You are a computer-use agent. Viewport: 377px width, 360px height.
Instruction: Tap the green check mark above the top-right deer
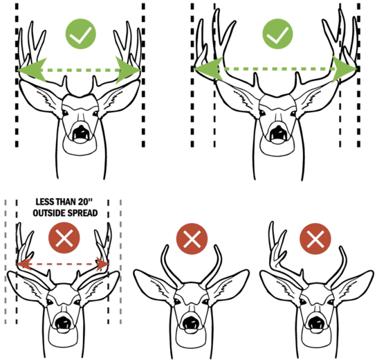click(x=277, y=35)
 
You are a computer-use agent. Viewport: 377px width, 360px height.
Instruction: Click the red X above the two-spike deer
click(x=190, y=240)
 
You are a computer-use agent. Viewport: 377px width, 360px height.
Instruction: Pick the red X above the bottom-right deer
click(x=315, y=240)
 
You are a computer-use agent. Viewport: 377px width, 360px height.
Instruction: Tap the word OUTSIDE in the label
click(x=47, y=213)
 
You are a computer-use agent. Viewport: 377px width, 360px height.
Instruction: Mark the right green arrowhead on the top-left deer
click(x=129, y=69)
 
